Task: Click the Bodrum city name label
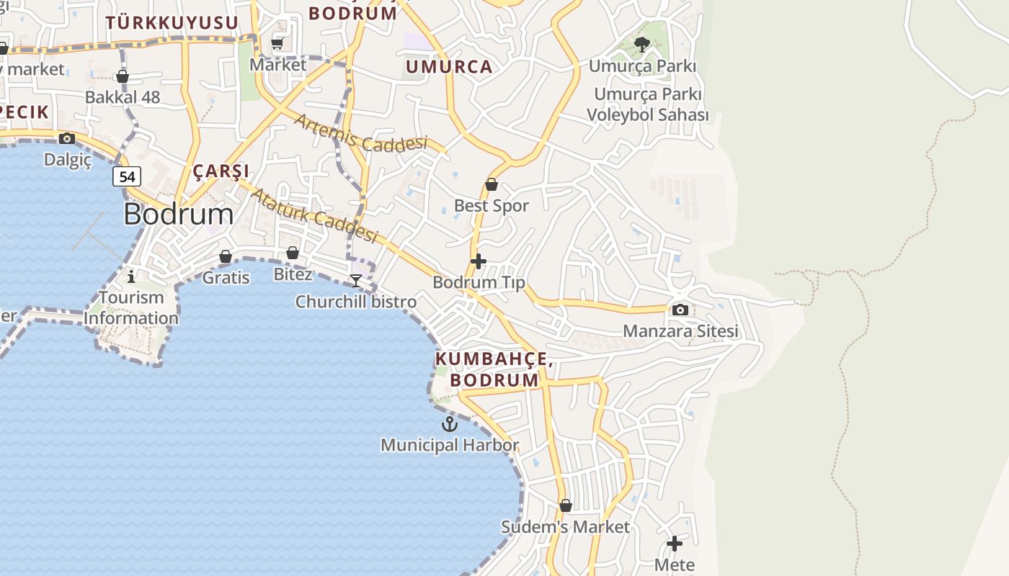pos(178,214)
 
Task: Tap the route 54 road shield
pos(127,176)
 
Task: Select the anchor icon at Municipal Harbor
pos(450,424)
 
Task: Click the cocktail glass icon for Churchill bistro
pos(356,280)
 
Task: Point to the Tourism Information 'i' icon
pos(131,276)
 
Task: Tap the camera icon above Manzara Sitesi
pos(680,310)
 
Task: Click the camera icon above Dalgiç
pos(67,138)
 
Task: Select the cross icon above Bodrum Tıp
pos(479,261)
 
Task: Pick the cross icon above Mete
pos(675,544)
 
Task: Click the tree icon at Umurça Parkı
pos(641,45)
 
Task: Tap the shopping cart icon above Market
pos(277,44)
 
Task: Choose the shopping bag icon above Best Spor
pos(492,184)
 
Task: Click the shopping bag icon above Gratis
pos(226,256)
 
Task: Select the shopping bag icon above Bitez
pos(293,253)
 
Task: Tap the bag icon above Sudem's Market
pos(566,505)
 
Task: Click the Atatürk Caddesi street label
pos(314,214)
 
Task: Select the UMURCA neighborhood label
pos(449,67)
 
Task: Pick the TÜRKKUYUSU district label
pos(172,22)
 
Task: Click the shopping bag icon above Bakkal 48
pos(123,76)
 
